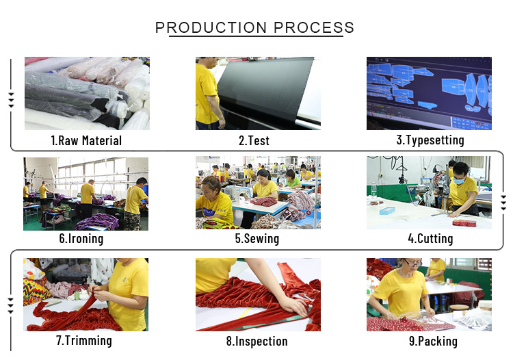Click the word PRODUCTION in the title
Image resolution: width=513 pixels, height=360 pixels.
(x=211, y=27)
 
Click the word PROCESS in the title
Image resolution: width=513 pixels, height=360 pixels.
(x=314, y=27)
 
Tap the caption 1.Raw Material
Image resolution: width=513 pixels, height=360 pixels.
(x=86, y=141)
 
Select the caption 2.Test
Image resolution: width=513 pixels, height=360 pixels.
(x=254, y=141)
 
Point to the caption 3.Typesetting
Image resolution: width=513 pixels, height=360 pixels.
(x=430, y=140)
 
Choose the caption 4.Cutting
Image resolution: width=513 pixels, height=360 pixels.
(x=430, y=239)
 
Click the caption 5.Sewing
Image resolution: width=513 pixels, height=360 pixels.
(x=257, y=239)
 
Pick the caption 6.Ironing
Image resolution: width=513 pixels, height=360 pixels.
(x=81, y=239)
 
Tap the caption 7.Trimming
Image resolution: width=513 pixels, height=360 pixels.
(x=84, y=340)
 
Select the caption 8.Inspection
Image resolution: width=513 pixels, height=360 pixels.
(x=256, y=341)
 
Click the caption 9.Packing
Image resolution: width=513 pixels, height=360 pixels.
(x=433, y=341)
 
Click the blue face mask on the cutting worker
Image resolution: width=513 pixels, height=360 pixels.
(x=459, y=180)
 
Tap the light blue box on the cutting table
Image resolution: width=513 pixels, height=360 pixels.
(x=387, y=211)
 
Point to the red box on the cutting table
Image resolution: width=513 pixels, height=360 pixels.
(x=464, y=223)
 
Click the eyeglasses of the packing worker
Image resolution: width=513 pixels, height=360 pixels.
(x=412, y=263)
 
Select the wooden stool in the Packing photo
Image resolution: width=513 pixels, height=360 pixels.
(x=459, y=308)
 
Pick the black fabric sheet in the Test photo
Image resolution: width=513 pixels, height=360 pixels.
(x=265, y=88)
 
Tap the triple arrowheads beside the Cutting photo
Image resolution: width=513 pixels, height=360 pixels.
(x=503, y=203)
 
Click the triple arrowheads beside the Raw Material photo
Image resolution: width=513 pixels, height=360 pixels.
(x=12, y=100)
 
